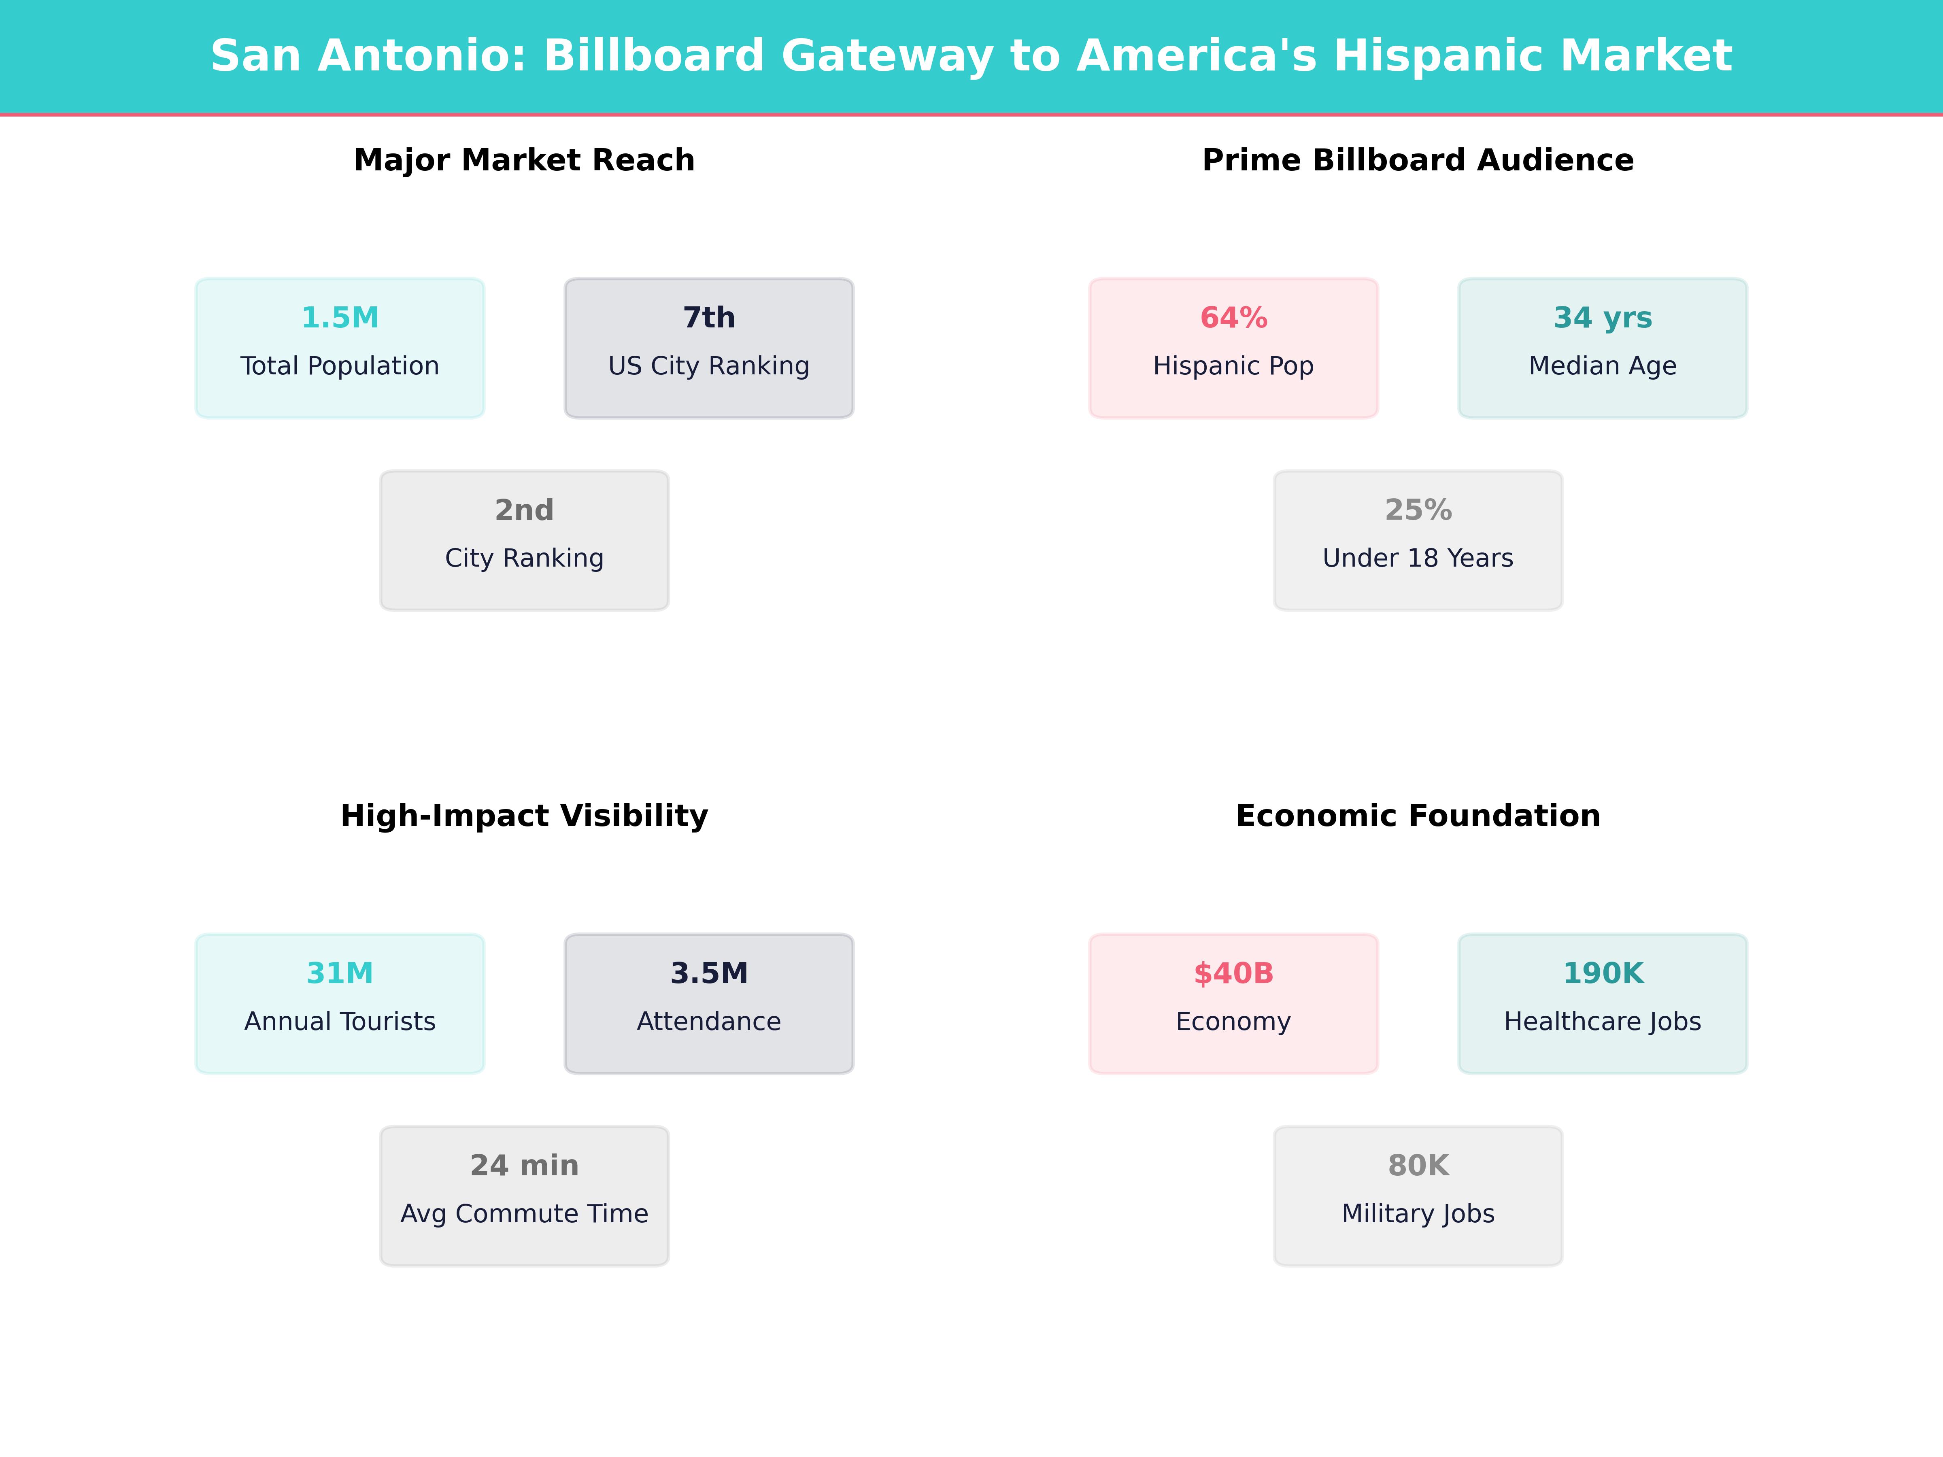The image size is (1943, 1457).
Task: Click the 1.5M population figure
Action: tap(340, 318)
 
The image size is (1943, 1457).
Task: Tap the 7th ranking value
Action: tap(709, 318)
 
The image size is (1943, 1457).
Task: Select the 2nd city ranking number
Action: tap(524, 510)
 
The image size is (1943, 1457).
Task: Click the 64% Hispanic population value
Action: tap(1233, 318)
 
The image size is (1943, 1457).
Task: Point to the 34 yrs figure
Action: tap(1602, 318)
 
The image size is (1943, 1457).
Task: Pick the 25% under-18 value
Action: tap(1418, 510)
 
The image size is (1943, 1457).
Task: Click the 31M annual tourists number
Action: tap(340, 973)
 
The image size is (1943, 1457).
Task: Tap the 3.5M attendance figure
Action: tap(709, 973)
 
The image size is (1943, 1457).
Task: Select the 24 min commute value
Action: tap(524, 1166)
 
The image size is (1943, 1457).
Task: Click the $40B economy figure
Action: tap(1233, 973)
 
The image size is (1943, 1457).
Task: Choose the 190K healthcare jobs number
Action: tap(1602, 973)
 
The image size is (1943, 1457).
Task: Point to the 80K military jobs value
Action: tap(1418, 1166)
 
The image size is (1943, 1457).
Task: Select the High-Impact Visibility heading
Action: tap(524, 816)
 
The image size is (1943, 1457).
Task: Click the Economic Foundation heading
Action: tap(1418, 816)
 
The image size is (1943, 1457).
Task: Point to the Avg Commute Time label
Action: tap(524, 1214)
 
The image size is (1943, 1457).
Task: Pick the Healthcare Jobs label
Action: tap(1602, 1022)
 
